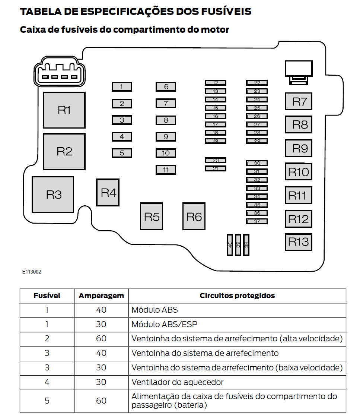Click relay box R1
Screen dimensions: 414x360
[64, 110]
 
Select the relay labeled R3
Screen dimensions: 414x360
[53, 195]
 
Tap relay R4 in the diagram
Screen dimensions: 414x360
[108, 193]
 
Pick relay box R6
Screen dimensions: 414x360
[194, 216]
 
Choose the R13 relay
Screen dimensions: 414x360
[298, 242]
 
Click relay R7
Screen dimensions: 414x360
[298, 102]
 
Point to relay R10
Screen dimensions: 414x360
[298, 172]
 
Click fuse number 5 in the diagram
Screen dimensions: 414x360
[122, 153]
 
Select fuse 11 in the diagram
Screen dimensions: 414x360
[166, 170]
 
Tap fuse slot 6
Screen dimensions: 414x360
[166, 87]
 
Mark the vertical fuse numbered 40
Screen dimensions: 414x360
[230, 245]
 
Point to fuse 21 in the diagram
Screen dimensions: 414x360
[216, 168]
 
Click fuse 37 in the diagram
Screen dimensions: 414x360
[257, 221]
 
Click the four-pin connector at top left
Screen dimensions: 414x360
[59, 72]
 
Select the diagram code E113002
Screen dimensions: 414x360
[32, 272]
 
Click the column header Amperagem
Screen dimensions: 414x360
[101, 296]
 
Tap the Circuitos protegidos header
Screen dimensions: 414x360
[237, 296]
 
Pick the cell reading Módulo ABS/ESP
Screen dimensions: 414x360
[165, 324]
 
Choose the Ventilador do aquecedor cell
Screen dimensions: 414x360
[178, 382]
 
